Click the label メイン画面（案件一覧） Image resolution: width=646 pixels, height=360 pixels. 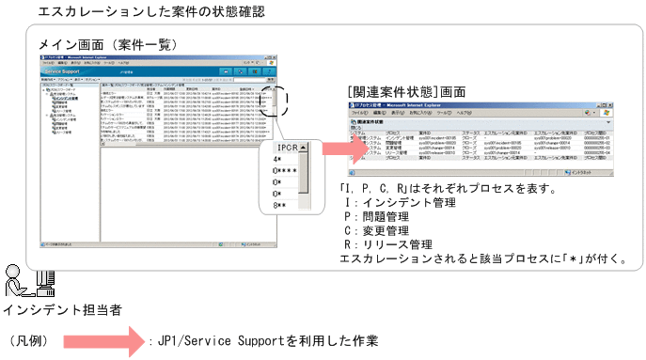105,44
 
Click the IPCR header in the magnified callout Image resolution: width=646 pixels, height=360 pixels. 287,149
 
